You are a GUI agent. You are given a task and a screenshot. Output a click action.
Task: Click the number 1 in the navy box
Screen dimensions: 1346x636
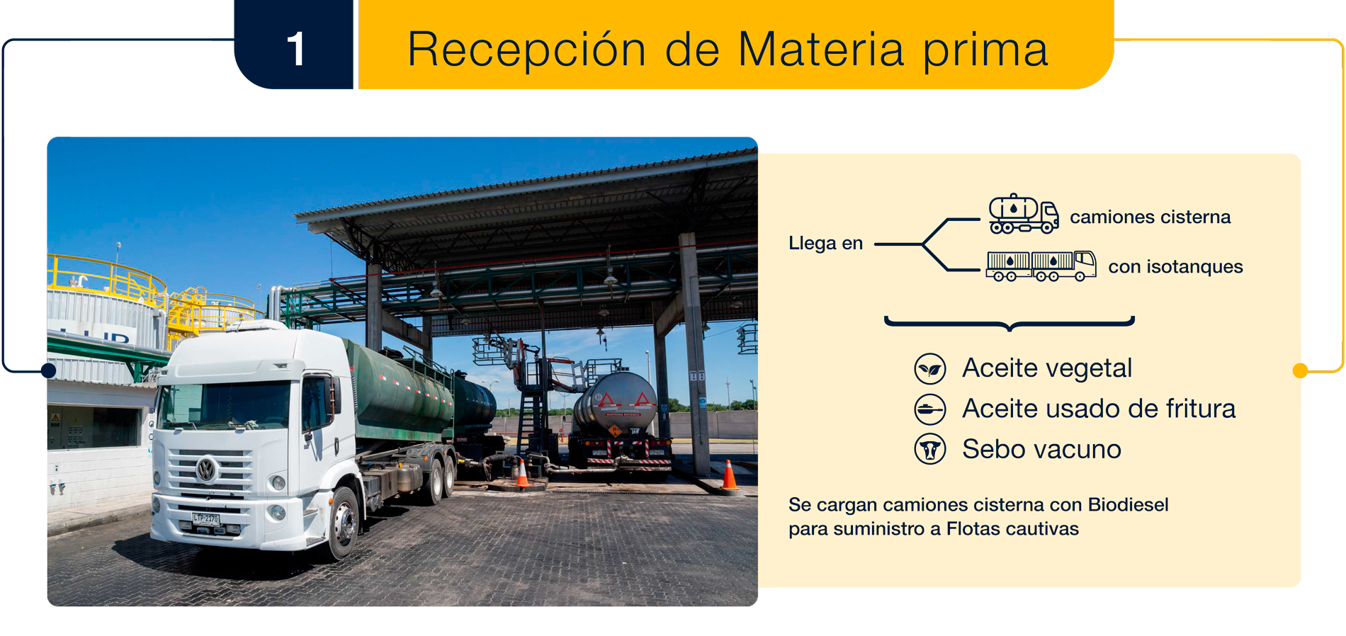pyautogui.click(x=296, y=49)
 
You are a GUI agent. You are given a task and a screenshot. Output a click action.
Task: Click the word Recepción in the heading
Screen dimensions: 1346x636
pyautogui.click(x=526, y=50)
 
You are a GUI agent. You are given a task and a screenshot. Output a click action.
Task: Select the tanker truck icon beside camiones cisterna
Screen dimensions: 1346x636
pyautogui.click(x=1024, y=213)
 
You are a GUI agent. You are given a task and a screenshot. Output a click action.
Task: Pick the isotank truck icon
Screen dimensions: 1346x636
pyautogui.click(x=1041, y=266)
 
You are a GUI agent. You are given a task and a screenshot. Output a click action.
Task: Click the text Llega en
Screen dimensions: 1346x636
pyautogui.click(x=825, y=243)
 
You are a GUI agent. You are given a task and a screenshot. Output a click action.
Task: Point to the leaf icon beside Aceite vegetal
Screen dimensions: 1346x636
pyautogui.click(x=929, y=368)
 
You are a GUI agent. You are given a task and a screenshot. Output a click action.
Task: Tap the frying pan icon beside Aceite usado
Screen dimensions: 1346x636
pyautogui.click(x=929, y=409)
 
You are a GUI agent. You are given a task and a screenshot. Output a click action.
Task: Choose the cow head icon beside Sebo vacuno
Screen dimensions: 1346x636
pyautogui.click(x=929, y=449)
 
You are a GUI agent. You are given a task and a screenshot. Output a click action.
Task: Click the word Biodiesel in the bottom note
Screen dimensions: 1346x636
pyautogui.click(x=1128, y=504)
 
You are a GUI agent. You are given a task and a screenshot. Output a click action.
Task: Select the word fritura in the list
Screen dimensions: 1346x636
pyautogui.click(x=1201, y=409)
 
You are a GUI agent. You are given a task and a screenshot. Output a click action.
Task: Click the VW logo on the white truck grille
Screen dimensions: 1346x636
pyautogui.click(x=206, y=469)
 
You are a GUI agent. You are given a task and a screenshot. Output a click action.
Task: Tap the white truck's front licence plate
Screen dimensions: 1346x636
pyautogui.click(x=205, y=519)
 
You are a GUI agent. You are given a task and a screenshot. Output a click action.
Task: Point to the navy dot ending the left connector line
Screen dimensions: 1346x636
pyautogui.click(x=49, y=370)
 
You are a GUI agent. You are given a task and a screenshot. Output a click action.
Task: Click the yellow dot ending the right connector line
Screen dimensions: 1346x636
pyautogui.click(x=1300, y=370)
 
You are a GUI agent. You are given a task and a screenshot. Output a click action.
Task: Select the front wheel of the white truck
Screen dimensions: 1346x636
pyautogui.click(x=344, y=523)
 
